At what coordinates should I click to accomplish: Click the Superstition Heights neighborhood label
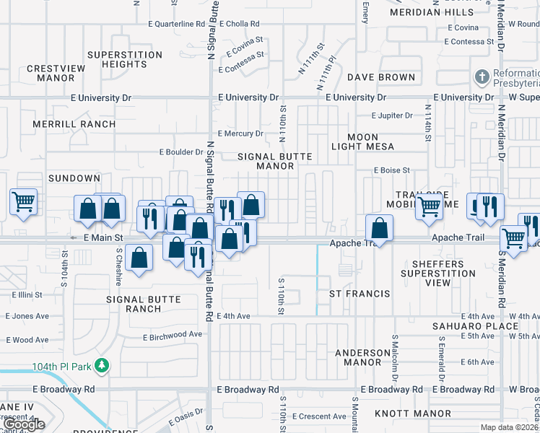click(125, 59)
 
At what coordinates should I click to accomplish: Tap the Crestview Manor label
click(56, 73)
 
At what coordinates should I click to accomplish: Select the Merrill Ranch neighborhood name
click(74, 124)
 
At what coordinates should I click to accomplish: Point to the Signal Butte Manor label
click(266, 161)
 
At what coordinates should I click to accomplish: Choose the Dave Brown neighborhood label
click(381, 77)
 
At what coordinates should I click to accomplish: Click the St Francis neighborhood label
click(360, 294)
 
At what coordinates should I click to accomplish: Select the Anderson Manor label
click(362, 357)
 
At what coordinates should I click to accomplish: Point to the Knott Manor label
click(413, 414)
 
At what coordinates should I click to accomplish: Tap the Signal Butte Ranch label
click(144, 304)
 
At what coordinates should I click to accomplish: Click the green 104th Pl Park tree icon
click(103, 366)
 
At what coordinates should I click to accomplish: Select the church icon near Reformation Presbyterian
click(482, 77)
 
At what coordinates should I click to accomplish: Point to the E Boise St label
click(391, 170)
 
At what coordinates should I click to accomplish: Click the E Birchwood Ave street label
click(173, 335)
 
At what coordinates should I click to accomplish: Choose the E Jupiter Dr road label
click(392, 115)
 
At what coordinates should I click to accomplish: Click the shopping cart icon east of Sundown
click(24, 201)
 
